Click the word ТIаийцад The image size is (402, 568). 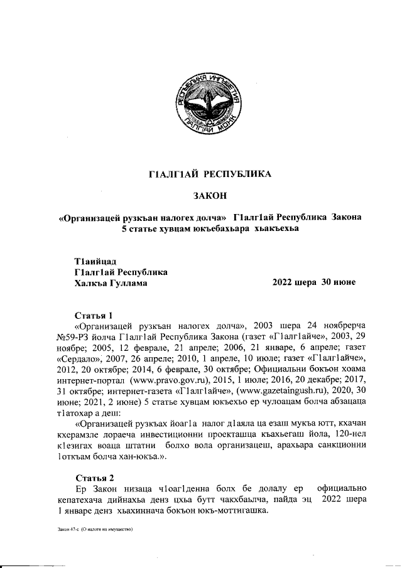pyautogui.click(x=95, y=261)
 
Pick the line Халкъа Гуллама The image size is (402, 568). pyautogui.click(x=111, y=282)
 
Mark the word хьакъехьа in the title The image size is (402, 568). pyautogui.click(x=273, y=228)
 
